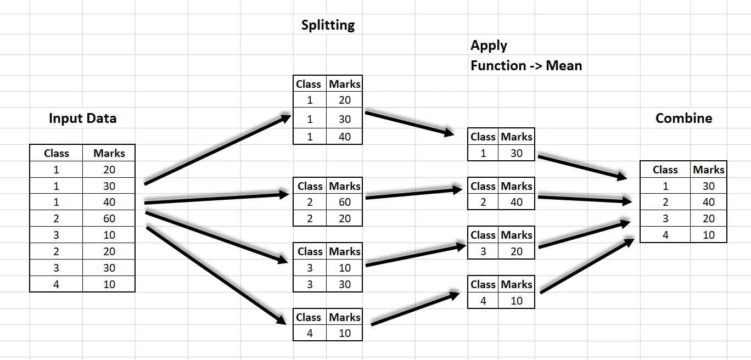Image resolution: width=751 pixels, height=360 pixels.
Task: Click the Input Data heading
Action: (82, 119)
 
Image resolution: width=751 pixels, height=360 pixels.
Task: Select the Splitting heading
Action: (328, 25)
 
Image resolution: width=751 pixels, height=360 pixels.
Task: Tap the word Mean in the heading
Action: (564, 66)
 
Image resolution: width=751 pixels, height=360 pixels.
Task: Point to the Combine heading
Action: (683, 119)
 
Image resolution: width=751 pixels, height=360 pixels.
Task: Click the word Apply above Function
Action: (489, 46)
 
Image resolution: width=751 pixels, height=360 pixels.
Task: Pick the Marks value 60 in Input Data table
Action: (109, 218)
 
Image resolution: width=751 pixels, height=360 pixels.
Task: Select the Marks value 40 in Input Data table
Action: (109, 202)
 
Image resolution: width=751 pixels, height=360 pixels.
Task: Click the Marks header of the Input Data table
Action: (109, 153)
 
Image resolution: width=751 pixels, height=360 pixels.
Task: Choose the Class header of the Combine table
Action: (665, 170)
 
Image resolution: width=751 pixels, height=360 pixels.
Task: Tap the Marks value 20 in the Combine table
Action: (708, 218)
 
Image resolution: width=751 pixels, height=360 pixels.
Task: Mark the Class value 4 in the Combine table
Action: (665, 235)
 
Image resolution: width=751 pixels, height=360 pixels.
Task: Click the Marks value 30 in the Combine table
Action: (708, 186)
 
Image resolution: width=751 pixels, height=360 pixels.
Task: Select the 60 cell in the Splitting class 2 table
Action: (344, 202)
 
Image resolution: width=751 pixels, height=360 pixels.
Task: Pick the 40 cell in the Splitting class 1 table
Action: (344, 137)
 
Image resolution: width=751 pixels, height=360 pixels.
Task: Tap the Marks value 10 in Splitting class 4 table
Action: (344, 333)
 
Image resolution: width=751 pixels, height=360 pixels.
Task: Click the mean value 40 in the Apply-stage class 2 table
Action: (516, 202)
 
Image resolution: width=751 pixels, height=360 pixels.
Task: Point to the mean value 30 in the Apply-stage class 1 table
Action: (516, 153)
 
